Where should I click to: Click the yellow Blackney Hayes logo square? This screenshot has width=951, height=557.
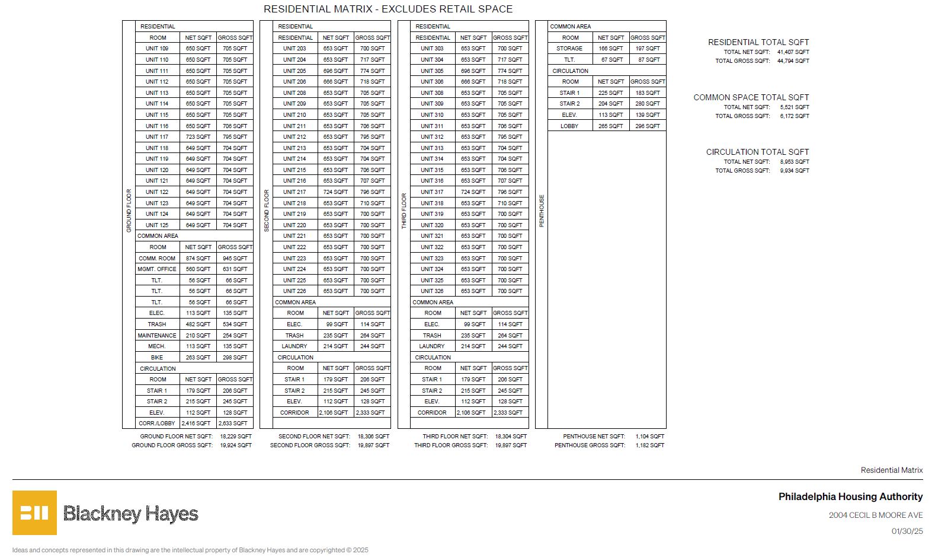(x=34, y=513)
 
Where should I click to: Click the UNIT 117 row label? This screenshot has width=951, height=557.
(x=157, y=137)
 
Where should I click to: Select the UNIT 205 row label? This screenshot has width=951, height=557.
(x=294, y=71)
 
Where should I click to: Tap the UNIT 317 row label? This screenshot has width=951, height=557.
(x=432, y=192)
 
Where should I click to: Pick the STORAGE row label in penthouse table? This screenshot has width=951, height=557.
(x=569, y=49)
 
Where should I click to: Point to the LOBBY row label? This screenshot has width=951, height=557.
(x=569, y=126)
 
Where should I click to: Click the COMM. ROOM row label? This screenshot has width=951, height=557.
(x=157, y=259)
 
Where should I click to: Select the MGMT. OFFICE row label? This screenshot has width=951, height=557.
(x=157, y=269)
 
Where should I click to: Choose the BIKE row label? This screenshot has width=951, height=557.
(x=157, y=358)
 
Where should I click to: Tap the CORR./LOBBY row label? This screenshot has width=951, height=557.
(x=157, y=424)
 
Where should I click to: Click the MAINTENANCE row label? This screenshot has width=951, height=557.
(x=157, y=336)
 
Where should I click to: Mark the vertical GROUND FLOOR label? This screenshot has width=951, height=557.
(x=129, y=211)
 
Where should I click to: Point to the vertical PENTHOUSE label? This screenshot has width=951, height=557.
(x=542, y=211)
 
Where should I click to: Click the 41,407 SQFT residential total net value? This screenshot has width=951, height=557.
(x=793, y=52)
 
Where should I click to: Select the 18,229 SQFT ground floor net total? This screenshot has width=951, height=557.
(x=236, y=437)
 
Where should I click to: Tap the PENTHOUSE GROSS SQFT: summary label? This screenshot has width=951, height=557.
(x=590, y=445)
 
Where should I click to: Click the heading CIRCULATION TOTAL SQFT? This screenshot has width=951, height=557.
(x=757, y=152)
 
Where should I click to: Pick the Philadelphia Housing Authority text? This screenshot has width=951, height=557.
(x=850, y=497)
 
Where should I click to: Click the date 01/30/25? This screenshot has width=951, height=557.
(x=907, y=531)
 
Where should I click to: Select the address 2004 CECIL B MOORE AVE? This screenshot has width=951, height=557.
(x=876, y=515)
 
